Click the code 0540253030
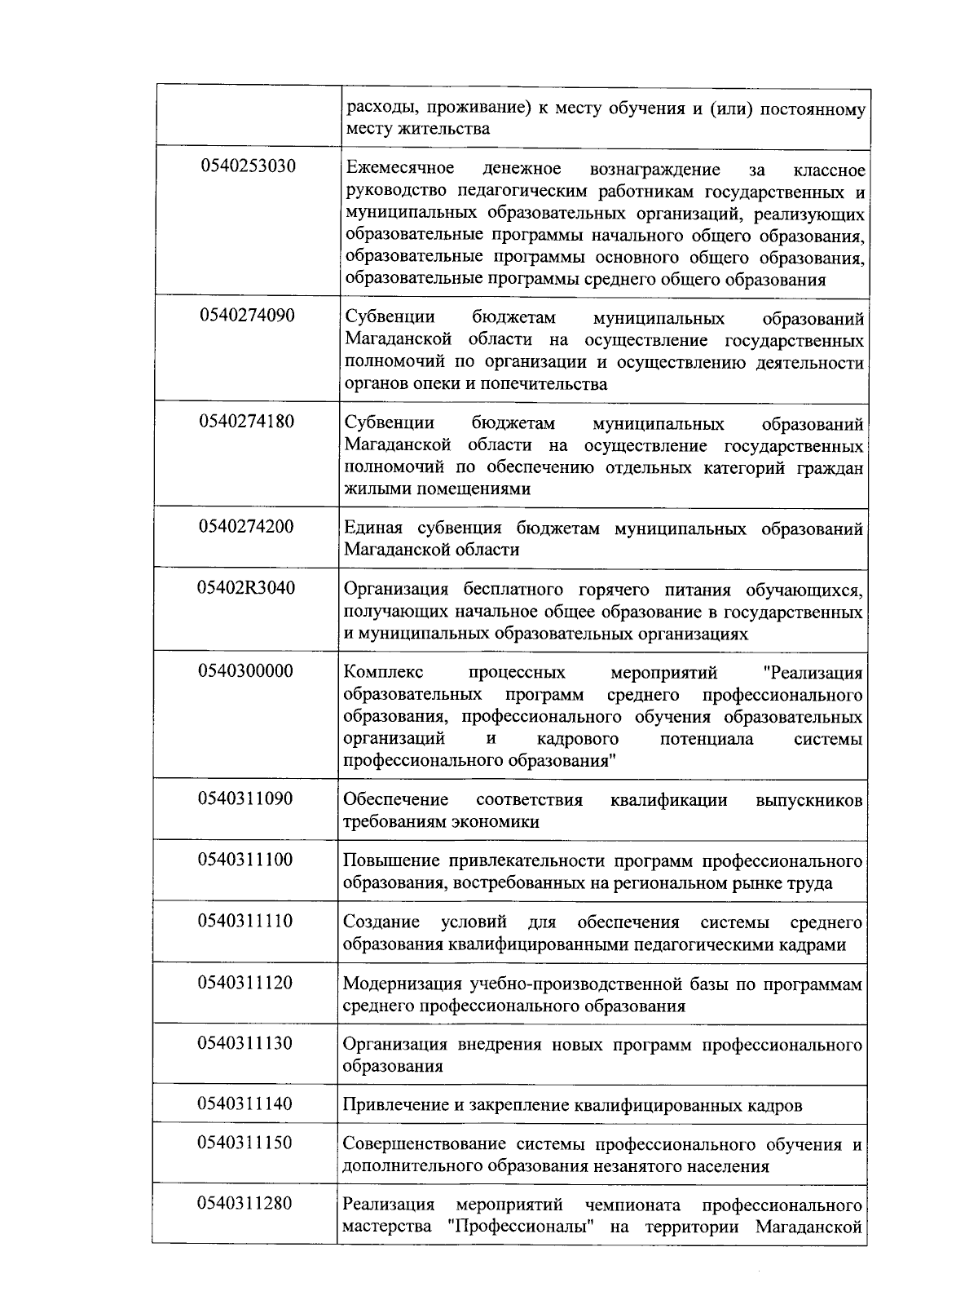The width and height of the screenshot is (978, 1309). pyautogui.click(x=248, y=166)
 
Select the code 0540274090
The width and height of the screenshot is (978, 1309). pyautogui.click(x=247, y=316)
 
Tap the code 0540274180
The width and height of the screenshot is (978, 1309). pyautogui.click(x=247, y=422)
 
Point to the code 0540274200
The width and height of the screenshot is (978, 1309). pyautogui.click(x=247, y=526)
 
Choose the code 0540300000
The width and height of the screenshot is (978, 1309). pyautogui.click(x=246, y=671)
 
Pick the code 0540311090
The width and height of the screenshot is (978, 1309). pyautogui.click(x=245, y=798)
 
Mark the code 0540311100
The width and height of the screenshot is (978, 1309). pyautogui.click(x=245, y=859)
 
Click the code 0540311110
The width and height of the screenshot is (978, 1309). pyautogui.click(x=245, y=921)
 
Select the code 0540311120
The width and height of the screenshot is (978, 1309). pyautogui.click(x=245, y=982)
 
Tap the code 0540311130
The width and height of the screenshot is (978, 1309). pyautogui.click(x=245, y=1043)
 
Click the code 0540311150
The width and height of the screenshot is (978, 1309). pyautogui.click(x=245, y=1143)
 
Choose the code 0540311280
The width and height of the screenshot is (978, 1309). pyautogui.click(x=245, y=1203)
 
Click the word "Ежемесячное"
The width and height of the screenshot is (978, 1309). pyautogui.click(x=399, y=169)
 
